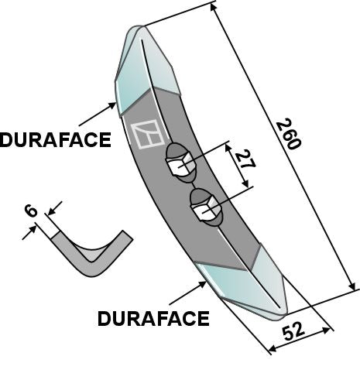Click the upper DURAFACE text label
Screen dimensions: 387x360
pyautogui.click(x=55, y=140)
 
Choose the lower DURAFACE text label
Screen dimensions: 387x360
pyautogui.click(x=153, y=318)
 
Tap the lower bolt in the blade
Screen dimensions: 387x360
pyautogui.click(x=204, y=207)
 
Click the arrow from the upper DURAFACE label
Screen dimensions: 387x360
pyautogui.click(x=97, y=114)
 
